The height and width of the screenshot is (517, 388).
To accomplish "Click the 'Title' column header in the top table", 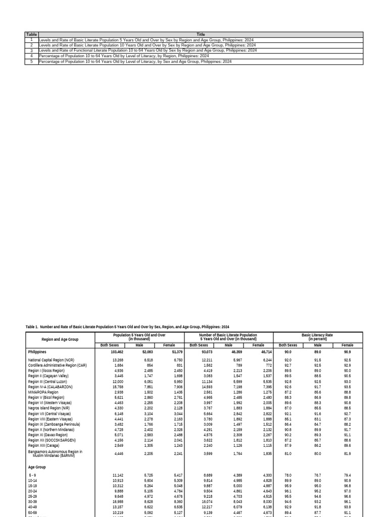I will pos(201,34).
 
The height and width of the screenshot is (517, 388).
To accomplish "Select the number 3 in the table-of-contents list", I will pos(31,50).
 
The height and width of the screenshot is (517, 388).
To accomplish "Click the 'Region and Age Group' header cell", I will pos(60,340).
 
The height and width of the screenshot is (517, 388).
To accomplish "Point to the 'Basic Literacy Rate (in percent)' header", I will pos(317,337).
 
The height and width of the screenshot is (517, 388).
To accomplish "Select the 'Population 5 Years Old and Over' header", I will pos(140,337).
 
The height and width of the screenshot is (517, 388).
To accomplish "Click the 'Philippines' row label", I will pos(37,352).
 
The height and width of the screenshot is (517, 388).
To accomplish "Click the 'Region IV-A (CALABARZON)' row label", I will pos(51,387).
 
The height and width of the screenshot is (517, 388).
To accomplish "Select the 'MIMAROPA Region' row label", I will pos(43,392).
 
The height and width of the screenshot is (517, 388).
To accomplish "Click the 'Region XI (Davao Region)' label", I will pos(48,435).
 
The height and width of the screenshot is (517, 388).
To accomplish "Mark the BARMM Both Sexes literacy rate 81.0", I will pos(288,453).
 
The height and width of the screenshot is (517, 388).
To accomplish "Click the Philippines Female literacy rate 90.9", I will pos(347,352).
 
